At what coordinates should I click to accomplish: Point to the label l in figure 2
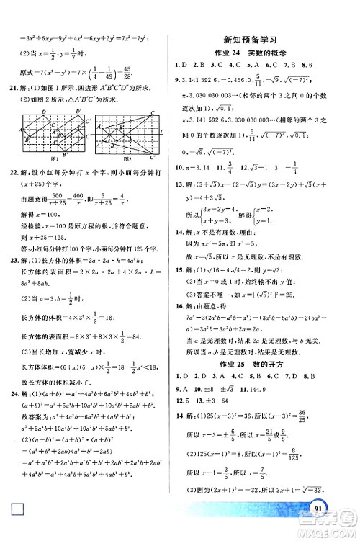tap(167, 131)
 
